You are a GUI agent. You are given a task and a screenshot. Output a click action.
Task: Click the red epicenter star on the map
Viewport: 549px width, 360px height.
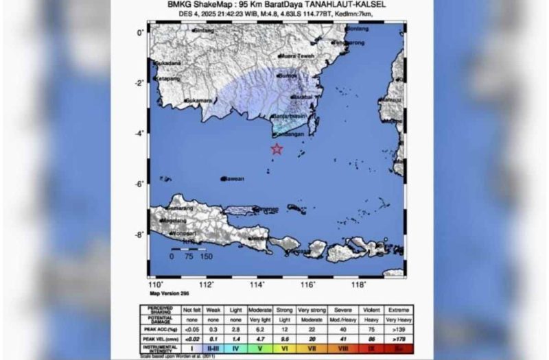(x=277, y=149)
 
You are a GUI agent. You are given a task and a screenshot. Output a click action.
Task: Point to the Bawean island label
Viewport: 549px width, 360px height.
(x=234, y=179)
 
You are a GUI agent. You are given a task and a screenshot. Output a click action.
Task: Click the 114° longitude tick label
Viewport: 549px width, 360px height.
(x=257, y=285)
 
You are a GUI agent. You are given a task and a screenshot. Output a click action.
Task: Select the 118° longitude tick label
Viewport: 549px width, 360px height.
(x=358, y=285)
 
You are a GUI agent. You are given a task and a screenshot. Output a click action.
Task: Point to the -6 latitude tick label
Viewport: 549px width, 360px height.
(x=139, y=184)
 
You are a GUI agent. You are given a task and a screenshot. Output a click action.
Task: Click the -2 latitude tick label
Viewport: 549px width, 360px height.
(x=139, y=83)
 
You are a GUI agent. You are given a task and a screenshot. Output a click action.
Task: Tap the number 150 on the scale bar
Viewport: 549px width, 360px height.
(x=205, y=256)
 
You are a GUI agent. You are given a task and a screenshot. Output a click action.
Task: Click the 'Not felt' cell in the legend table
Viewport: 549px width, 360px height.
(x=192, y=310)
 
